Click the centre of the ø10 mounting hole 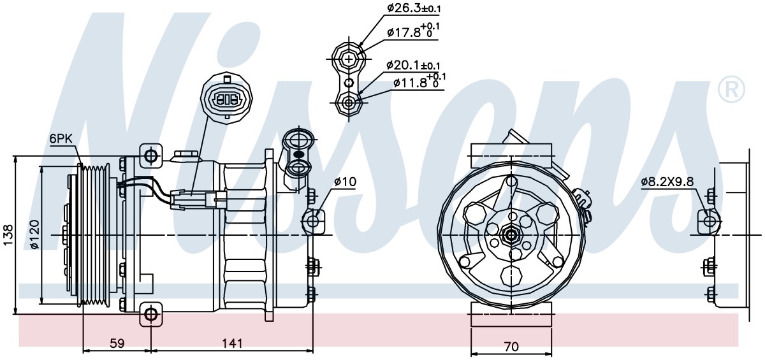click(x=312, y=220)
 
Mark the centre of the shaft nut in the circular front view click(x=511, y=235)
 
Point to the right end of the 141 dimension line click(x=313, y=350)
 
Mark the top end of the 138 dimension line click(x=15, y=157)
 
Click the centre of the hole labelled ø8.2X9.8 click(x=709, y=221)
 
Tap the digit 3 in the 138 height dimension click(x=8, y=235)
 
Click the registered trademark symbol click(x=731, y=89)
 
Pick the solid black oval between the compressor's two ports click(x=298, y=155)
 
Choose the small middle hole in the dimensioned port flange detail click(x=349, y=83)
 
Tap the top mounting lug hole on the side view click(x=150, y=156)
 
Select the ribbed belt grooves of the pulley click(x=96, y=234)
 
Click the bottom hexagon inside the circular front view click(x=511, y=276)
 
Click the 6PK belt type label click(x=60, y=139)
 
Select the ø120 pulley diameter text click(x=35, y=234)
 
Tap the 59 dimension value click(x=117, y=343)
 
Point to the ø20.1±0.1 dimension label click(x=413, y=65)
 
